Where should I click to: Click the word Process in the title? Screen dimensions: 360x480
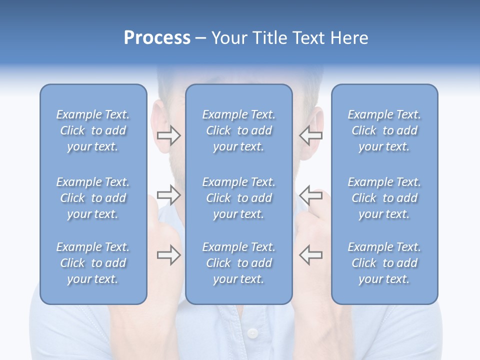157,38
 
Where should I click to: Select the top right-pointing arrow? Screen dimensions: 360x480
169,135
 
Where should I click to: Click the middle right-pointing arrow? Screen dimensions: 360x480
169,195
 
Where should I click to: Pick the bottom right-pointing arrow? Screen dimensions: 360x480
169,255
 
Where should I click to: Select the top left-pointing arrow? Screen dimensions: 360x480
310,135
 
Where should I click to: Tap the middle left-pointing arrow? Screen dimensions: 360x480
310,195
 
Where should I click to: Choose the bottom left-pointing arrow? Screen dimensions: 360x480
310,255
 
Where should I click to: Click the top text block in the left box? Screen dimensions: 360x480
93,130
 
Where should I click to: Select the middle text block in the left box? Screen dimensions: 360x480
93,198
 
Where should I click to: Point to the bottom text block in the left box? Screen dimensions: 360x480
93,263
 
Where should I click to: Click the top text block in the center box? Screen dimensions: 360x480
238,130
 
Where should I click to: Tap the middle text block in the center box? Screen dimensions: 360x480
238,198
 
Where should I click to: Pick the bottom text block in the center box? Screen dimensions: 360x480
238,263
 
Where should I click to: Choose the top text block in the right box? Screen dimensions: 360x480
384,130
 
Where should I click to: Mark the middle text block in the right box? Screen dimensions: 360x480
384,198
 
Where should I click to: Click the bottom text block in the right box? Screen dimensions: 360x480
384,263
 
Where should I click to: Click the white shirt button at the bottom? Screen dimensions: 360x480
253,332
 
